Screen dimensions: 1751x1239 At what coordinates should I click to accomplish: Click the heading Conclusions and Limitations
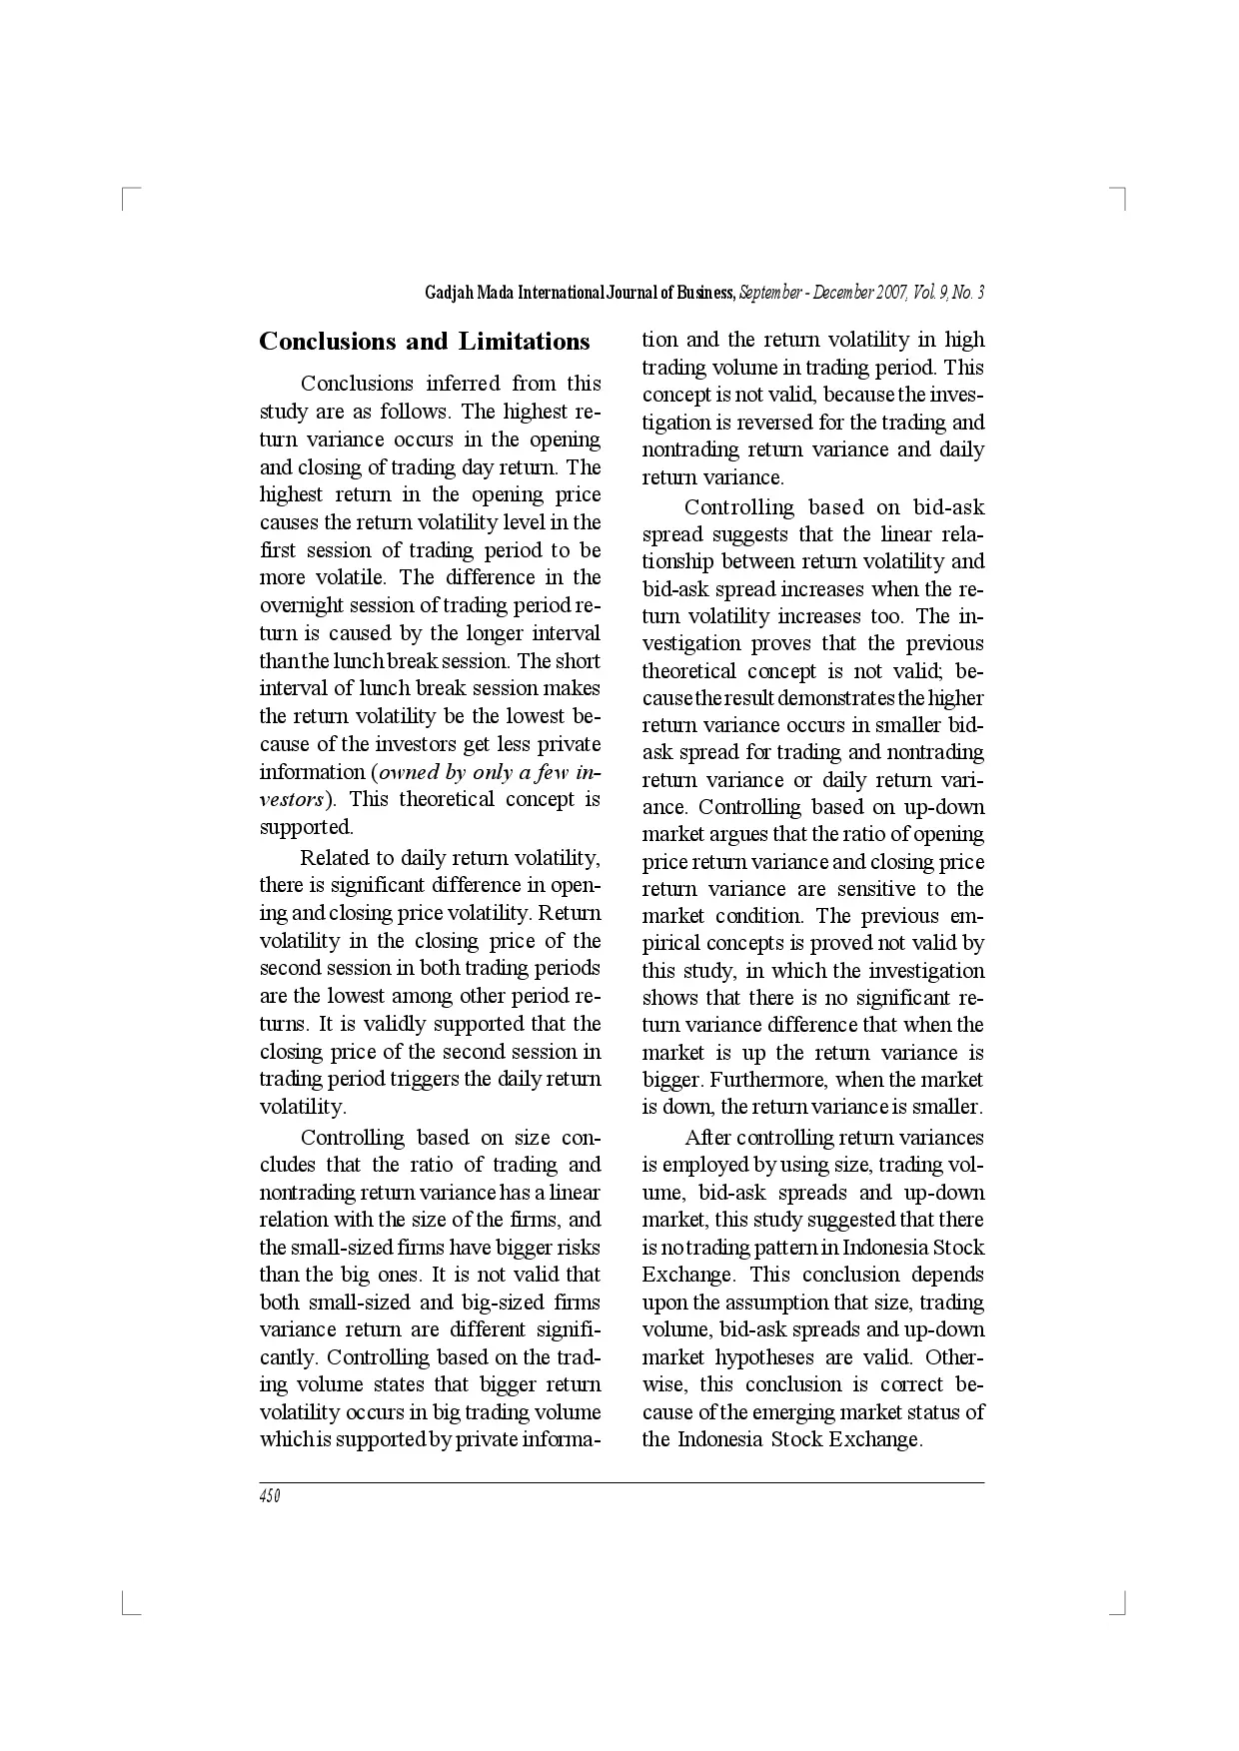click(x=425, y=342)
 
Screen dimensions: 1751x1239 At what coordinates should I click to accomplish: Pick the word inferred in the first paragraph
click(x=462, y=384)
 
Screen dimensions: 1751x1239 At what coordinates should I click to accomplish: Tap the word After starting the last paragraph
click(x=707, y=1138)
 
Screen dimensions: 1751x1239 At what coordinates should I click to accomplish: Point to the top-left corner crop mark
click(x=128, y=196)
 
